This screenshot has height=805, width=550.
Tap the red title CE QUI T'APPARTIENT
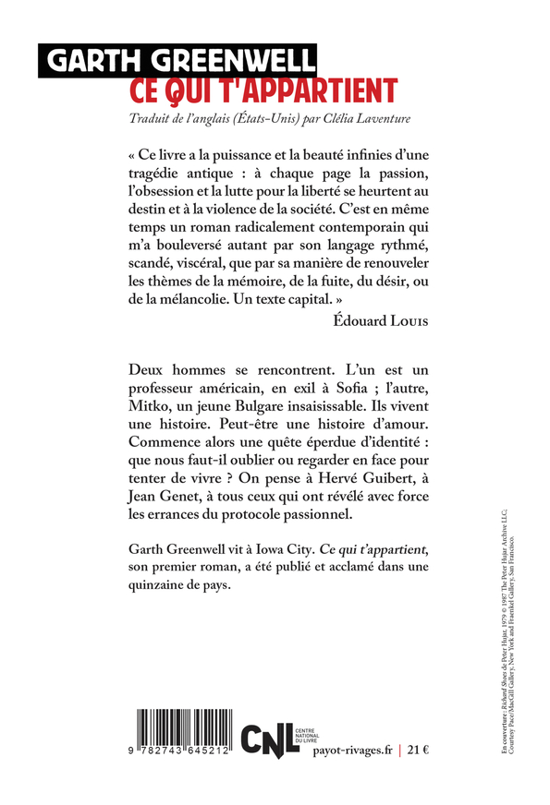(263, 90)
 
